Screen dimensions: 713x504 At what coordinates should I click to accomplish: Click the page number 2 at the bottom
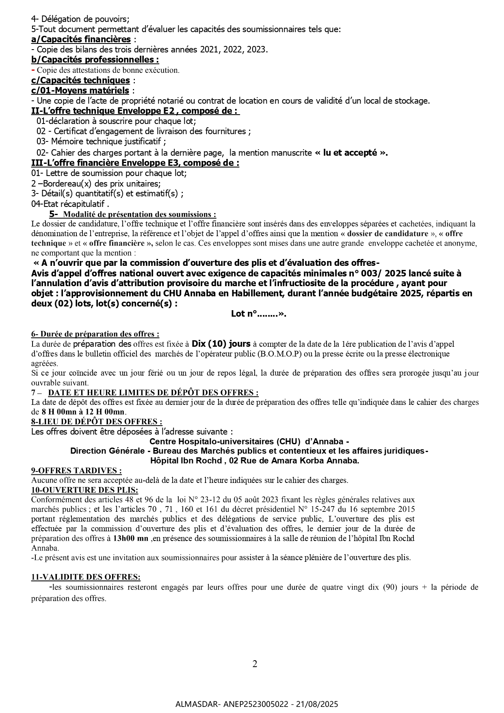pos(255,664)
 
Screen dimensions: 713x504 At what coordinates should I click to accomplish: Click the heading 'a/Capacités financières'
pos(81,39)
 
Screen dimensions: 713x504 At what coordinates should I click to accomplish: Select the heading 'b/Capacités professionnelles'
pos(95,60)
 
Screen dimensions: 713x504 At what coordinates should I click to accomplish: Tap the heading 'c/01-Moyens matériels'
pos(80,90)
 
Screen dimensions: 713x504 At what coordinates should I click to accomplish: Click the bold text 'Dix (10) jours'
pos(221,344)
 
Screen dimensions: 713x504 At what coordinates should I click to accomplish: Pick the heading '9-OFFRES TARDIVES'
pos(76,470)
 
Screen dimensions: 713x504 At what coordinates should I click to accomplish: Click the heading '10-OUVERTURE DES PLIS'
pos(84,490)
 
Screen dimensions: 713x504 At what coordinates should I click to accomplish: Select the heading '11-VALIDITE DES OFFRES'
pos(86,577)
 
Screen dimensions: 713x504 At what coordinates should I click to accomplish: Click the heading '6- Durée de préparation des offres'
pos(95,334)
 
